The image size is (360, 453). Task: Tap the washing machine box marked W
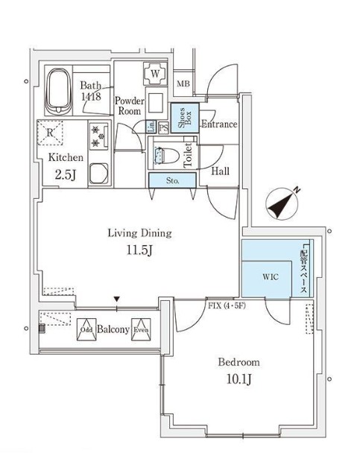point(156,74)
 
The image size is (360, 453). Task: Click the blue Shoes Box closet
point(184,118)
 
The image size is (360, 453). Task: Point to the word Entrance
point(219,124)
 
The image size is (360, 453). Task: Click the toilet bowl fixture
point(165,156)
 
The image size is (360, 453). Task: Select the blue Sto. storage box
point(171,180)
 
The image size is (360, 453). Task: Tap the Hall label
point(221,171)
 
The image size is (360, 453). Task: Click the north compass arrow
point(282,203)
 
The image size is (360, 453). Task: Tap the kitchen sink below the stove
point(98,174)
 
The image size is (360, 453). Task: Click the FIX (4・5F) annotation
point(228,305)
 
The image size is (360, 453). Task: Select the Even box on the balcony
point(142,329)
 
